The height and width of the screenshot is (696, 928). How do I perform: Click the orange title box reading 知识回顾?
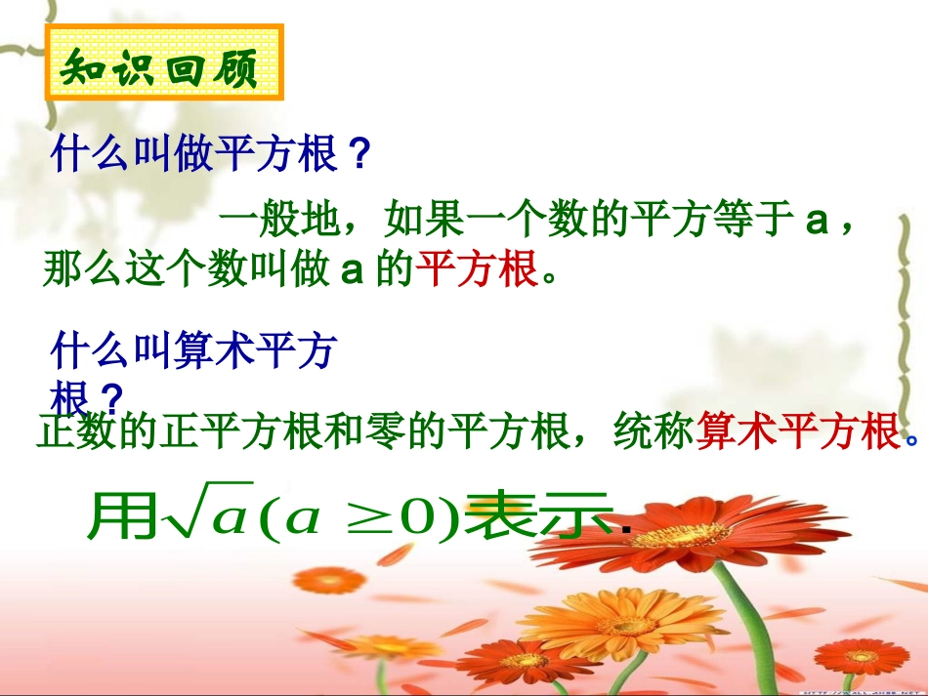pos(163,64)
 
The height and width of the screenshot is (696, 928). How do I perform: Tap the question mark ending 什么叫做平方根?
pos(359,154)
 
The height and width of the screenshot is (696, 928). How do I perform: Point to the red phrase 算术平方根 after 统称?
pos(797,431)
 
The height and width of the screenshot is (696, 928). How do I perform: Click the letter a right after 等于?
pos(817,221)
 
